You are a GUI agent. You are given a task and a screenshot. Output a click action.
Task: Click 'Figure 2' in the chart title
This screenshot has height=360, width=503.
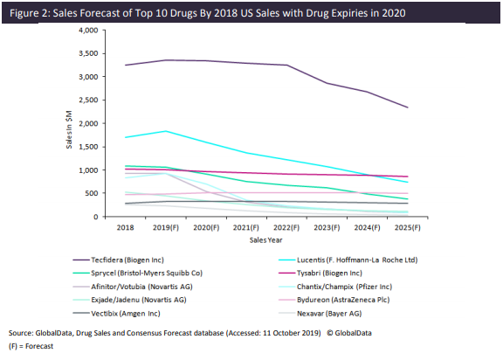coord(27,13)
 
